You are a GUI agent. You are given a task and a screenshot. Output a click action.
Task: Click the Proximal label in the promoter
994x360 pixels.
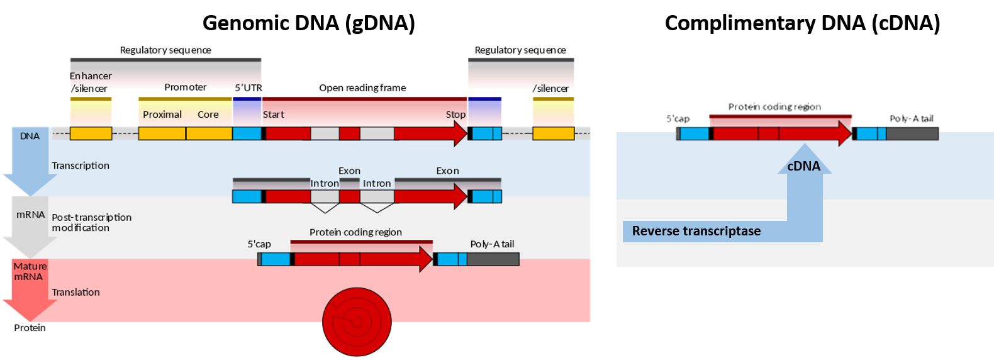click(x=162, y=115)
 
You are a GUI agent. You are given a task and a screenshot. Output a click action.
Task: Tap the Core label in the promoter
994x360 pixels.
click(x=208, y=115)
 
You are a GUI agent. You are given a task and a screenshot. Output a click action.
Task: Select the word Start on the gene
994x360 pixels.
click(x=274, y=115)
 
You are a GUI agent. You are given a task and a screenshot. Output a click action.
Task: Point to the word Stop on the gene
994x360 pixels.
click(x=455, y=115)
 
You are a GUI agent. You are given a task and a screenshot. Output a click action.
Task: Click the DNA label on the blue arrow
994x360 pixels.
click(x=30, y=136)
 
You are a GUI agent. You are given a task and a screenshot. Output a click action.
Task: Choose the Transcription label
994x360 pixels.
click(x=81, y=166)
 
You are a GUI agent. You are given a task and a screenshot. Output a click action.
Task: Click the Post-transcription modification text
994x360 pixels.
click(x=91, y=222)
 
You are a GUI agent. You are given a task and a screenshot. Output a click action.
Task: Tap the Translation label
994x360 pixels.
click(x=75, y=292)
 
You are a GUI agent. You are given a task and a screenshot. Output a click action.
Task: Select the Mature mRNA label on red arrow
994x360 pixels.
click(x=30, y=271)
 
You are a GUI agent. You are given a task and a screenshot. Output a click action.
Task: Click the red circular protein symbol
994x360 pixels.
click(x=357, y=322)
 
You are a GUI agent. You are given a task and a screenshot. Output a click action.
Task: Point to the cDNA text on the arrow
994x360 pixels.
click(x=804, y=166)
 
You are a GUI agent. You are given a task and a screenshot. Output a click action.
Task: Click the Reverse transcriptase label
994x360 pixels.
click(x=696, y=231)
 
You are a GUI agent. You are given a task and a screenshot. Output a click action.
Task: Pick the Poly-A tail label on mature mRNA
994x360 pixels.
click(x=492, y=244)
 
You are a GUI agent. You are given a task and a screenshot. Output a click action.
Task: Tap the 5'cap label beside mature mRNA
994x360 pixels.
click(x=259, y=244)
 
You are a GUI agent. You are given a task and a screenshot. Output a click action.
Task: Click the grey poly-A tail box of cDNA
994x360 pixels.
click(x=912, y=133)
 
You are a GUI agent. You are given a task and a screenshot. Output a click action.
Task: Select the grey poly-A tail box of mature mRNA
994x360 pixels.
click(x=493, y=259)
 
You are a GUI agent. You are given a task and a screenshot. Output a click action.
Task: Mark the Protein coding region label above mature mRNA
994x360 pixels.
click(x=355, y=232)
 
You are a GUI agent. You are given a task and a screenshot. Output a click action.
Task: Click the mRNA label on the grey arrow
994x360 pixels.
click(x=30, y=215)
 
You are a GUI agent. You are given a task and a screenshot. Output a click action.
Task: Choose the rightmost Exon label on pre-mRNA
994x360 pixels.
click(x=447, y=171)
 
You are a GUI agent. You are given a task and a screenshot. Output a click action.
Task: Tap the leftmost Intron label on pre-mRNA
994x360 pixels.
click(x=325, y=183)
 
